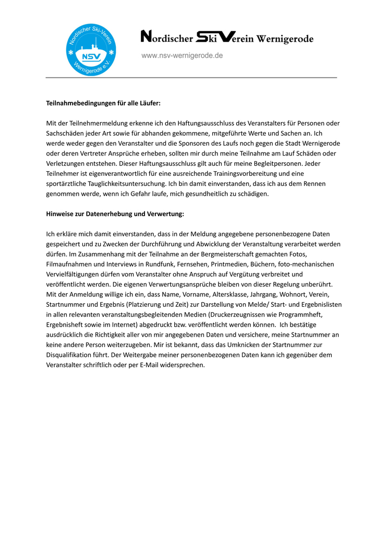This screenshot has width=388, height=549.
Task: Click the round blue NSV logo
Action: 91,51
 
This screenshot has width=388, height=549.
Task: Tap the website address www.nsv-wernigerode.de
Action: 182,55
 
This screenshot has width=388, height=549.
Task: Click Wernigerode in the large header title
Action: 285,39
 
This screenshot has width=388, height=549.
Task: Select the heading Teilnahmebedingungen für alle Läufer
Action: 103,103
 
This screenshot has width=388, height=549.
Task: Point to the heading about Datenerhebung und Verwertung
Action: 115,214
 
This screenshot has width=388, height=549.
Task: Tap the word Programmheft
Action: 311,314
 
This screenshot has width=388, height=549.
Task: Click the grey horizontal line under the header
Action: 191,78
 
